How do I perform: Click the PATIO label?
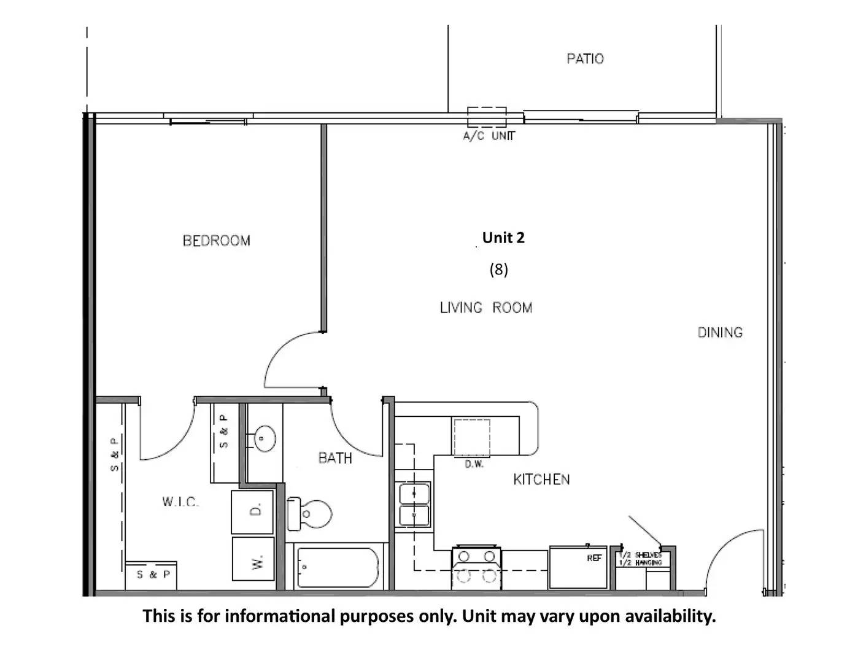coord(585,59)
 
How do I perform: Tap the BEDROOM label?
coord(217,241)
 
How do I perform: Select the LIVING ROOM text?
coord(486,307)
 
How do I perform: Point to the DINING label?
coord(720,333)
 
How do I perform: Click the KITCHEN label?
coord(541,479)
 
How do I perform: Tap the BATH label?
coord(335,458)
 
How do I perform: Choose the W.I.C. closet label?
coord(180,502)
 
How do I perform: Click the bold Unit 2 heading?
coord(503,238)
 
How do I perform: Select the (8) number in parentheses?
coord(499,269)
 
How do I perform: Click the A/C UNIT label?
coord(489,136)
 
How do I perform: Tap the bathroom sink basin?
coord(264,438)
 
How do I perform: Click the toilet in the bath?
coord(309,514)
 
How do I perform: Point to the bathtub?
coord(338,567)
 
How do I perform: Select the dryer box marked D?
coord(252,512)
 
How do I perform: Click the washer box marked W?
coord(253,559)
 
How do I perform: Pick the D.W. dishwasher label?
coord(474,464)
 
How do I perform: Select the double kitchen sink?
coord(414,504)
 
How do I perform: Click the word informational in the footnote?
coord(280,616)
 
